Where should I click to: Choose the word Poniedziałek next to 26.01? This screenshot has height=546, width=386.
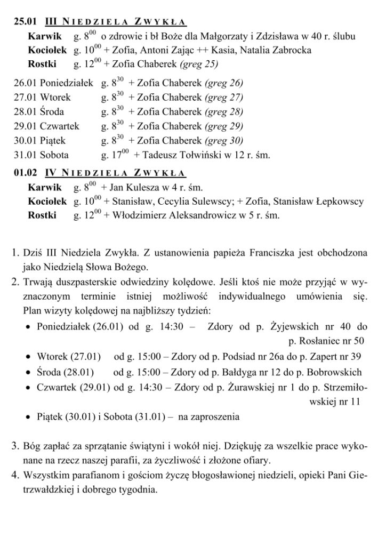pos(67,83)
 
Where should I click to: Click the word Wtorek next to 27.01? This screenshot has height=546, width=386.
pos(55,98)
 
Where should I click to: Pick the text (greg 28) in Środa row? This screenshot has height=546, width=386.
pos(224,112)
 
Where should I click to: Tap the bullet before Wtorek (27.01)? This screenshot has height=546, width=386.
pos(28,357)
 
